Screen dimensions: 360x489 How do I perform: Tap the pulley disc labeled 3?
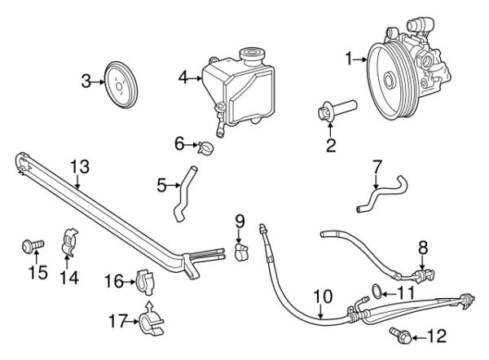[123, 81]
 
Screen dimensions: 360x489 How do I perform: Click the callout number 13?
[78, 167]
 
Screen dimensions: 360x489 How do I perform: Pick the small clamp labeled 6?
[207, 147]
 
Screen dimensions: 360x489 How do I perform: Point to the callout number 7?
[377, 166]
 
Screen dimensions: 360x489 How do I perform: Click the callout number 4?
[183, 78]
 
